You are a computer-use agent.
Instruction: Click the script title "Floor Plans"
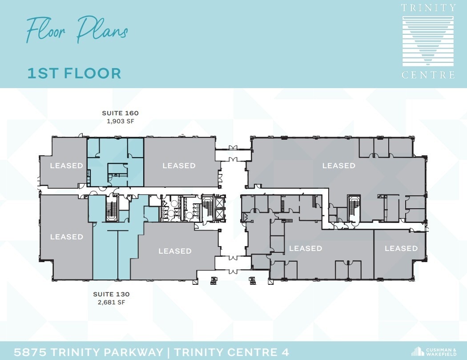click(77, 30)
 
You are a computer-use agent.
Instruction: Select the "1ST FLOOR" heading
click(74, 73)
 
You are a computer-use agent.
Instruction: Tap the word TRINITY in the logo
click(428, 8)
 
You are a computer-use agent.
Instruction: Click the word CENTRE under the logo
click(428, 75)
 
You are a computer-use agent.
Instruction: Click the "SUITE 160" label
click(120, 113)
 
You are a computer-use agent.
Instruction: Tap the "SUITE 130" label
click(111, 294)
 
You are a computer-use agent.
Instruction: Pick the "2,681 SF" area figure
click(111, 302)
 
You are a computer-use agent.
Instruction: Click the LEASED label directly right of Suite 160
click(179, 166)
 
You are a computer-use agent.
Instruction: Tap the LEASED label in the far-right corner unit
click(401, 248)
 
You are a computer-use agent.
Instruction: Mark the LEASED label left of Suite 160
click(66, 166)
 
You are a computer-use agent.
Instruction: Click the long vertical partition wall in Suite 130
click(118, 254)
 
